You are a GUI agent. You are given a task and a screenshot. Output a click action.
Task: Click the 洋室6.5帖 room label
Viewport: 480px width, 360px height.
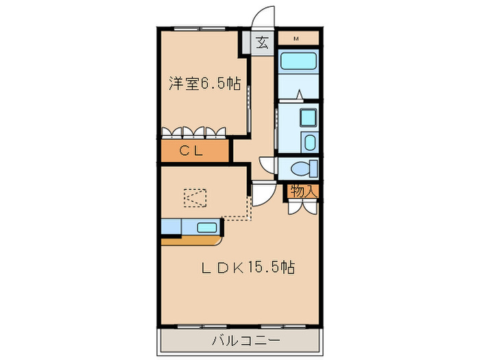[x=204, y=84]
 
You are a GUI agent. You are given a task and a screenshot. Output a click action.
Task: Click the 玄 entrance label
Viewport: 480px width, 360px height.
[x=262, y=43]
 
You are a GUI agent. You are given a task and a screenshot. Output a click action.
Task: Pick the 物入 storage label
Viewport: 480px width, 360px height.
[x=302, y=191]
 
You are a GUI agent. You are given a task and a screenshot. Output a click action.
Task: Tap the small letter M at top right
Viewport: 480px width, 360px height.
[x=296, y=38]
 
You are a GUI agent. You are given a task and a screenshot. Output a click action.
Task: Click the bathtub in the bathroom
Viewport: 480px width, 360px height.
[x=298, y=62]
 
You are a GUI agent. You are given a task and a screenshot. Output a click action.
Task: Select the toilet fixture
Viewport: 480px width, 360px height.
[x=302, y=168]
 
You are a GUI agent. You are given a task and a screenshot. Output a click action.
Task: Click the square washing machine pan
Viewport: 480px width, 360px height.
[x=308, y=118]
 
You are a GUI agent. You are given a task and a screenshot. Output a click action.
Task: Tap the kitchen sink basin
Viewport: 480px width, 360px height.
[x=208, y=228]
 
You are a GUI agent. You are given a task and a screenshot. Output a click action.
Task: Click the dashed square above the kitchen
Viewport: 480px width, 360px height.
[x=194, y=198]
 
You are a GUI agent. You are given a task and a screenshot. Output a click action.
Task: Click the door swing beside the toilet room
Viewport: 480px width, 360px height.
[x=267, y=165]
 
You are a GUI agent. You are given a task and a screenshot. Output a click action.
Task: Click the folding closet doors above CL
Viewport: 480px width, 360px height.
[x=194, y=132]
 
